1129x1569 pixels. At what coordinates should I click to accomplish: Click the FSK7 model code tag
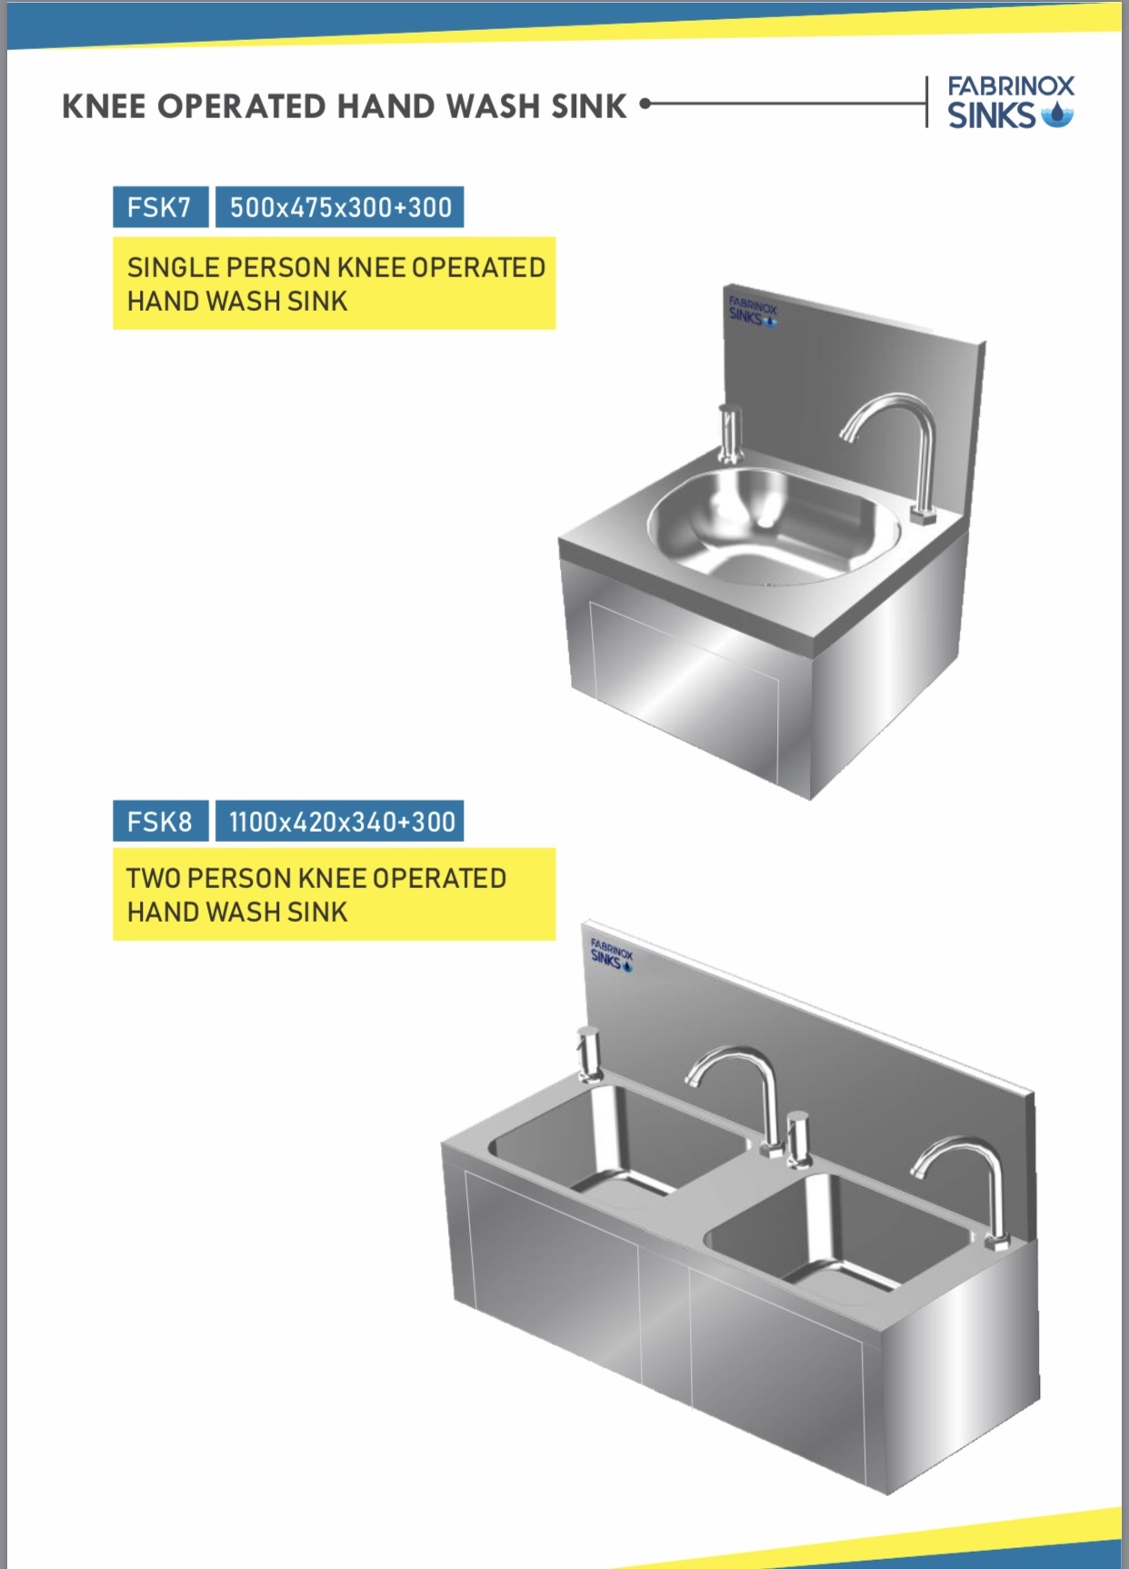[x=160, y=207]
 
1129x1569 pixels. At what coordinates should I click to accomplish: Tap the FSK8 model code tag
[x=160, y=822]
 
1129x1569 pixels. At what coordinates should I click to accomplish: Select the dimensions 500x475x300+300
[x=340, y=207]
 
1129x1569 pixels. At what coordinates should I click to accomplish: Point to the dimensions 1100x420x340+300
[x=340, y=822]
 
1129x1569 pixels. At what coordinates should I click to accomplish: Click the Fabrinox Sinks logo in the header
[x=1011, y=102]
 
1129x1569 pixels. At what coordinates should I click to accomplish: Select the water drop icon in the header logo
[x=1056, y=115]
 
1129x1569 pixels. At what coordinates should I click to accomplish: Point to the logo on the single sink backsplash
[x=753, y=311]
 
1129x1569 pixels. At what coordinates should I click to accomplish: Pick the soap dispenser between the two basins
[x=799, y=1139]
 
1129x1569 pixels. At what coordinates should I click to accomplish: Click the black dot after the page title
[x=645, y=104]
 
